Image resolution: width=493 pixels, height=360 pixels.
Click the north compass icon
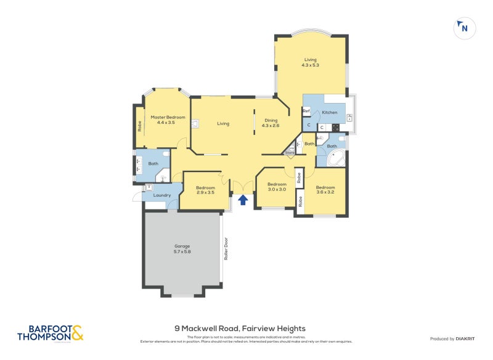tap(463, 28)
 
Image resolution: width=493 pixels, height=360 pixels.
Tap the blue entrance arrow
tap(243, 200)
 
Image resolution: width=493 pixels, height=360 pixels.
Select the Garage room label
tap(182, 248)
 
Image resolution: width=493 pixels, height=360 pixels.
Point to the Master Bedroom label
tap(168, 120)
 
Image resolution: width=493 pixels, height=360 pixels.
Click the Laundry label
tap(162, 195)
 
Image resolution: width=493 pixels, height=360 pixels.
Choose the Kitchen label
tap(330, 112)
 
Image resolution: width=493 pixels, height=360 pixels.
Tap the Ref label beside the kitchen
tap(306, 112)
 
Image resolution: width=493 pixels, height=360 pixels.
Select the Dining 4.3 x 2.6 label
tap(271, 123)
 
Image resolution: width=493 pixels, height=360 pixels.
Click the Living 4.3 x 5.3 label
tap(310, 62)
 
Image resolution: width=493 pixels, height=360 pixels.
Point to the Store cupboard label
tap(290, 152)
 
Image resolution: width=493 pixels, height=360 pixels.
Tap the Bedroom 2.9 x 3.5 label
tap(205, 190)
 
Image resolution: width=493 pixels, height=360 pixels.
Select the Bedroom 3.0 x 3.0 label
tap(277, 186)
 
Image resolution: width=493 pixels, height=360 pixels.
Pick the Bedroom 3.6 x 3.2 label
tap(325, 189)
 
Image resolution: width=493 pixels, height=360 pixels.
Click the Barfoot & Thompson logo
tap(50, 333)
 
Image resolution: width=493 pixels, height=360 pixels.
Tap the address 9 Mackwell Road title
tap(240, 329)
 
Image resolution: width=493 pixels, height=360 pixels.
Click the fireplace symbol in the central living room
tap(195, 123)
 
